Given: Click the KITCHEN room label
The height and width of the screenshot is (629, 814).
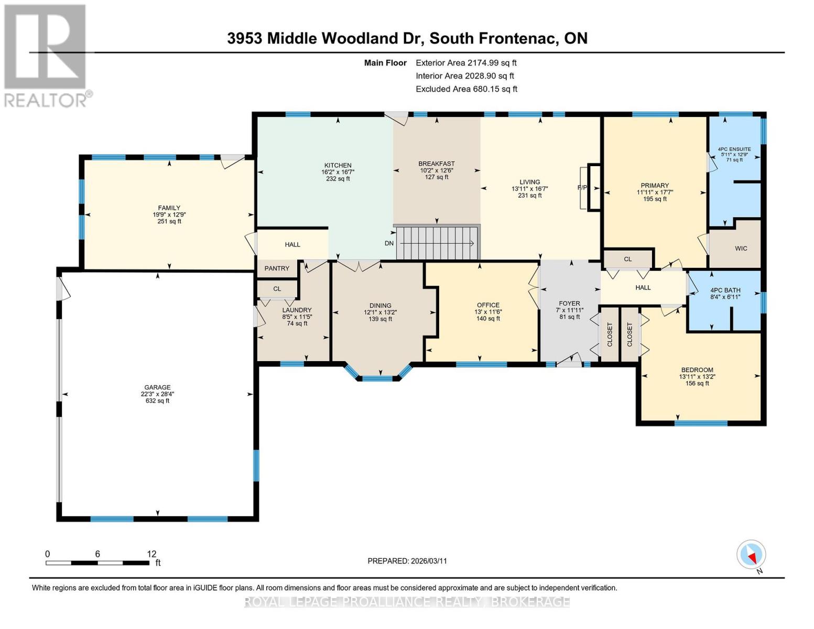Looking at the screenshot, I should [338, 165].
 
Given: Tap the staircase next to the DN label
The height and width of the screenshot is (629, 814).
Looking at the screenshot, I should [437, 243].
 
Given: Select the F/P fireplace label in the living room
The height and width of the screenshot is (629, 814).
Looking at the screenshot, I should [582, 188].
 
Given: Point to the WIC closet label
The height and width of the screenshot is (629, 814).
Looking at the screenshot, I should [741, 248].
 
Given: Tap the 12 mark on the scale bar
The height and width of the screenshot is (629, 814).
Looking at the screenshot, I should [151, 554].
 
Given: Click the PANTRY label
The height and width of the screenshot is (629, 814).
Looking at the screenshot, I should [277, 268].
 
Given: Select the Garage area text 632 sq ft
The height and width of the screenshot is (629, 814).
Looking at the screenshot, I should [157, 401].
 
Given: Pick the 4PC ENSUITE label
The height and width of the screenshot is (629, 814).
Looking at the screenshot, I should [734, 149].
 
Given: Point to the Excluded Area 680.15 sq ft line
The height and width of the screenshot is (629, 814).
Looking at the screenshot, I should [466, 89].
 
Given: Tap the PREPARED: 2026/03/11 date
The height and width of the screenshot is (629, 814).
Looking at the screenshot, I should [407, 561].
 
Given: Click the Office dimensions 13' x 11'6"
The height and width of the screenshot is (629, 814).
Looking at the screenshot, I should [488, 312].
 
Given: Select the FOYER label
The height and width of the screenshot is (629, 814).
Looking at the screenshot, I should [569, 303].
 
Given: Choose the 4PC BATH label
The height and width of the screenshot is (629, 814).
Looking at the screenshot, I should [725, 290].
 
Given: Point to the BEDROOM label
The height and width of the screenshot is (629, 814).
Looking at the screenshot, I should [697, 370].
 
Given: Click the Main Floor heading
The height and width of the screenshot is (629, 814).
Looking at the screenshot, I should [385, 63].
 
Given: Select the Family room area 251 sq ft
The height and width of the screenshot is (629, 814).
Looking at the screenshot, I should [169, 221].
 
